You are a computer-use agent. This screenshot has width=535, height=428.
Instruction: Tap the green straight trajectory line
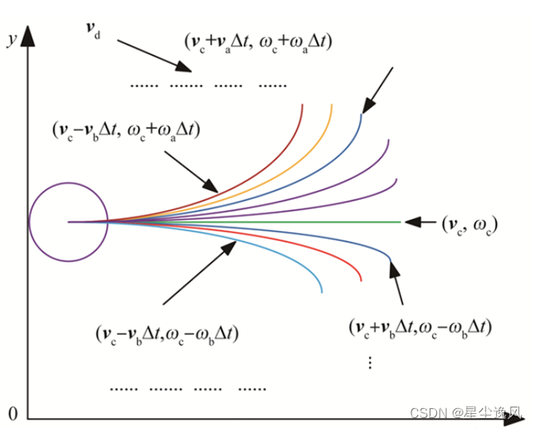tap(329, 221)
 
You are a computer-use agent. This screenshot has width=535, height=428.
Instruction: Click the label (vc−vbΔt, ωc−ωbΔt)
tap(168, 336)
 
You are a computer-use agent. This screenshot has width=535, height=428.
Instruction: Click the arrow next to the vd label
tap(148, 53)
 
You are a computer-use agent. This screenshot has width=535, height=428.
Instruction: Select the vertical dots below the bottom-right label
tap(370, 361)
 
